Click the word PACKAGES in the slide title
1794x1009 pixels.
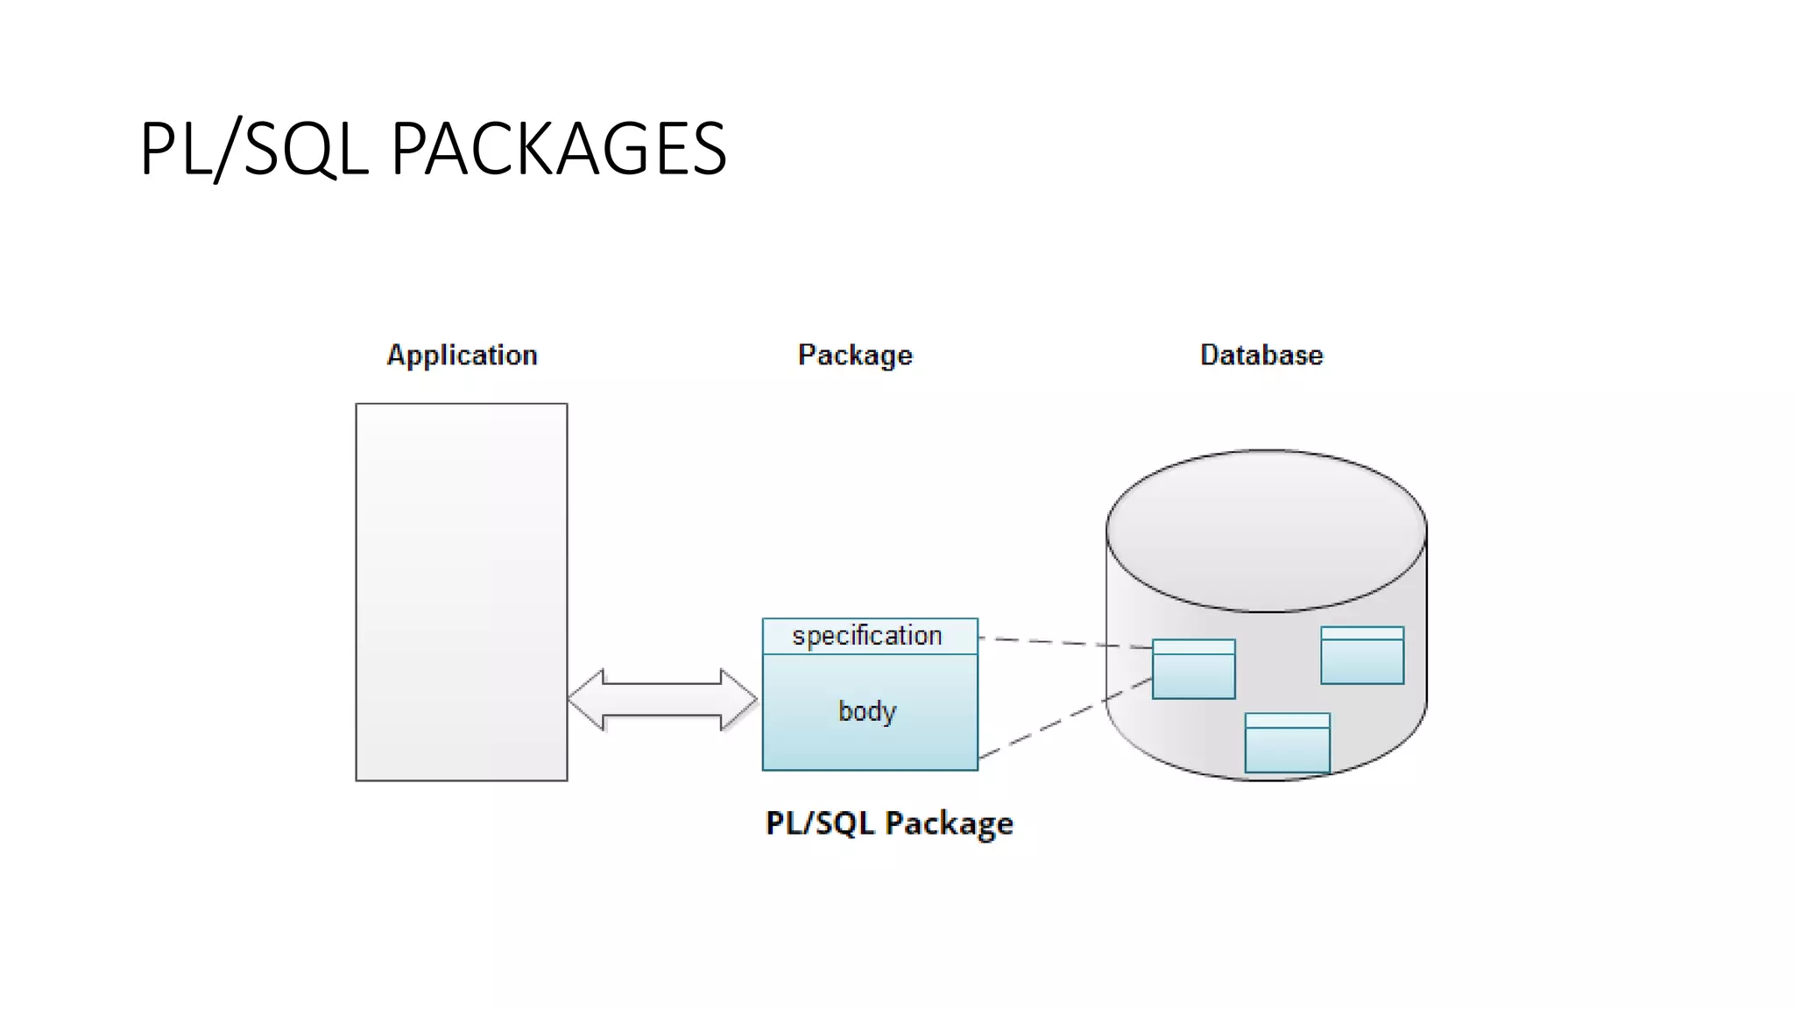pos(558,149)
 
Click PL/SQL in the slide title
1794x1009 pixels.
pos(254,149)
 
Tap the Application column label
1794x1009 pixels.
pos(462,355)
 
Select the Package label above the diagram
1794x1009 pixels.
pos(855,355)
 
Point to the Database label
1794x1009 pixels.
pos(1261,355)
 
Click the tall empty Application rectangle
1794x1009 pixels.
pos(462,591)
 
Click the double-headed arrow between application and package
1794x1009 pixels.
pos(662,699)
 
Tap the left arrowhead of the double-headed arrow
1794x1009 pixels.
pos(585,699)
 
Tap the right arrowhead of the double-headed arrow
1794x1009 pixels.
pos(739,699)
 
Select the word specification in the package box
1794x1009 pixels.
pos(867,635)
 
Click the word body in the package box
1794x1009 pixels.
pos(867,710)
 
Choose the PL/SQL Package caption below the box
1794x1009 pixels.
pos(889,823)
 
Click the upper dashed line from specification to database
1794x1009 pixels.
pos(1064,643)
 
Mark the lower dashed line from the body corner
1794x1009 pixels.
pos(1064,719)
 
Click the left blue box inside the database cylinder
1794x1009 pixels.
pos(1193,669)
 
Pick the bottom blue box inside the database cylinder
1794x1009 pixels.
pos(1287,744)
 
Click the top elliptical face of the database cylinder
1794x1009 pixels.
pos(1266,530)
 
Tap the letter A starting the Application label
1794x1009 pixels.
pos(396,354)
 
